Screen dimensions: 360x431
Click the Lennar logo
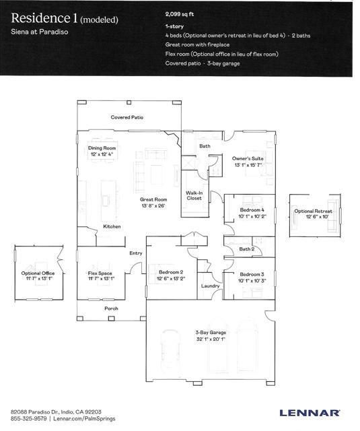310,413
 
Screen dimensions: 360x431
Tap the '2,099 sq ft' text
180,14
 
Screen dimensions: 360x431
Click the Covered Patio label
127,117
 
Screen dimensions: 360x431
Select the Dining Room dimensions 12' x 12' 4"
102,154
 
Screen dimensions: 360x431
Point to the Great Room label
153,199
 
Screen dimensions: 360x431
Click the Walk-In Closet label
194,195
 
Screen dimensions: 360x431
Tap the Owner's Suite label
248,159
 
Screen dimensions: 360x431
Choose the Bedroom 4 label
252,210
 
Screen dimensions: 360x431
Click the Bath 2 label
246,249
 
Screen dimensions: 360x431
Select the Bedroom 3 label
252,274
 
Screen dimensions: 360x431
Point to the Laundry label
210,286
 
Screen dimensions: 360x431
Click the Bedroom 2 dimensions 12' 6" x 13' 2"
171,278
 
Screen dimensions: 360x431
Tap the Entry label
136,253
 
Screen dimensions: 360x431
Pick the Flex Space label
100,273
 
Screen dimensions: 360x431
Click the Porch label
111,308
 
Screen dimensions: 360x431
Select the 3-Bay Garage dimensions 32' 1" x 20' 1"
211,339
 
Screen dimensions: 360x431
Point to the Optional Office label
38,273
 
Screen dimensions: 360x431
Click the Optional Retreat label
313,211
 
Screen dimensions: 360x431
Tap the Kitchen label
112,226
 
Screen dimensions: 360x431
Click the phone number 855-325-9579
28,419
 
